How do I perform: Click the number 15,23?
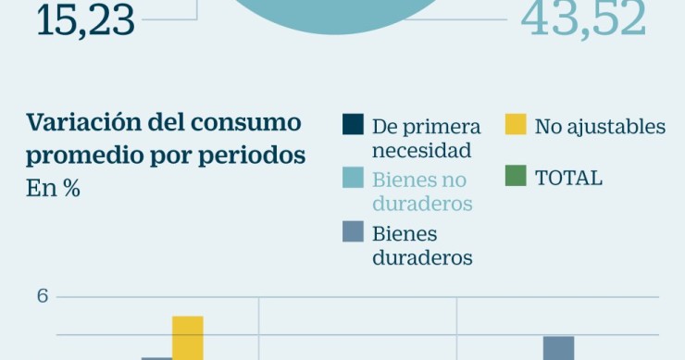[85, 20]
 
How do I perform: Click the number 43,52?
[583, 19]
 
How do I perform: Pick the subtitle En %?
[53, 188]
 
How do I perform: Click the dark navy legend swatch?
[353, 125]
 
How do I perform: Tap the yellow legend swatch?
[516, 125]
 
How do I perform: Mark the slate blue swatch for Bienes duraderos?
[353, 231]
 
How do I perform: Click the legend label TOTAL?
[568, 178]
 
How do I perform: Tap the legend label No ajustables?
[600, 126]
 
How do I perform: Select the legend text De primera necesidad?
[426, 138]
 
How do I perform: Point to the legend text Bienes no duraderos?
[422, 191]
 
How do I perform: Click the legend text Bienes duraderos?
[422, 245]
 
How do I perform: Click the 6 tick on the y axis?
[43, 297]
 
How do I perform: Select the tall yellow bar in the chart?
[187, 338]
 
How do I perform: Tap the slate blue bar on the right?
[558, 348]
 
